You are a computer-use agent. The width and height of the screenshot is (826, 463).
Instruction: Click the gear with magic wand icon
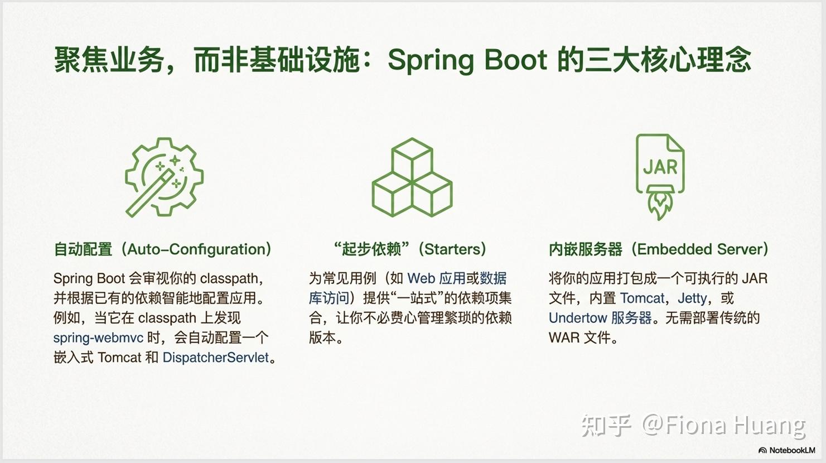(163, 177)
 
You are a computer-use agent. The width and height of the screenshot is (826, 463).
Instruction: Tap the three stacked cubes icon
(412, 178)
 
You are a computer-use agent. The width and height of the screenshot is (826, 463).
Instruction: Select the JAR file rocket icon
(660, 176)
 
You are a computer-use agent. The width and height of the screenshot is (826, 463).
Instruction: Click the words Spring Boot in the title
(467, 60)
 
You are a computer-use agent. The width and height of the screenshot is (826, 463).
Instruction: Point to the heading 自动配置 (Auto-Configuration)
(162, 249)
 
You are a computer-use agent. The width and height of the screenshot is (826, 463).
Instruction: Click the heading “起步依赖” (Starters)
(410, 249)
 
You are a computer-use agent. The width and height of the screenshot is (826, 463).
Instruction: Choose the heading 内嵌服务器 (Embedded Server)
(659, 249)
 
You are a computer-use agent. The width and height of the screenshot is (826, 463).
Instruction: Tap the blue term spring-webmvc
(98, 338)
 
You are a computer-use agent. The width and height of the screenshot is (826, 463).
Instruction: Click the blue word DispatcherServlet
(215, 358)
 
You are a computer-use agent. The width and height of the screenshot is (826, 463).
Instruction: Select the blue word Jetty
(692, 298)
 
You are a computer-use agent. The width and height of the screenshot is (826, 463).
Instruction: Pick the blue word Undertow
(578, 318)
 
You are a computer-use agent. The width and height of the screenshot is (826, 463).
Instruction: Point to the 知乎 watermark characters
(606, 426)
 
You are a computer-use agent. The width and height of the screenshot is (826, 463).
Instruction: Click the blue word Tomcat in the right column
(642, 298)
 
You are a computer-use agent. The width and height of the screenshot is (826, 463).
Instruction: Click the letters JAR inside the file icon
(660, 166)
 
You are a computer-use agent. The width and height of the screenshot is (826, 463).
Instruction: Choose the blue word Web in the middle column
(421, 278)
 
